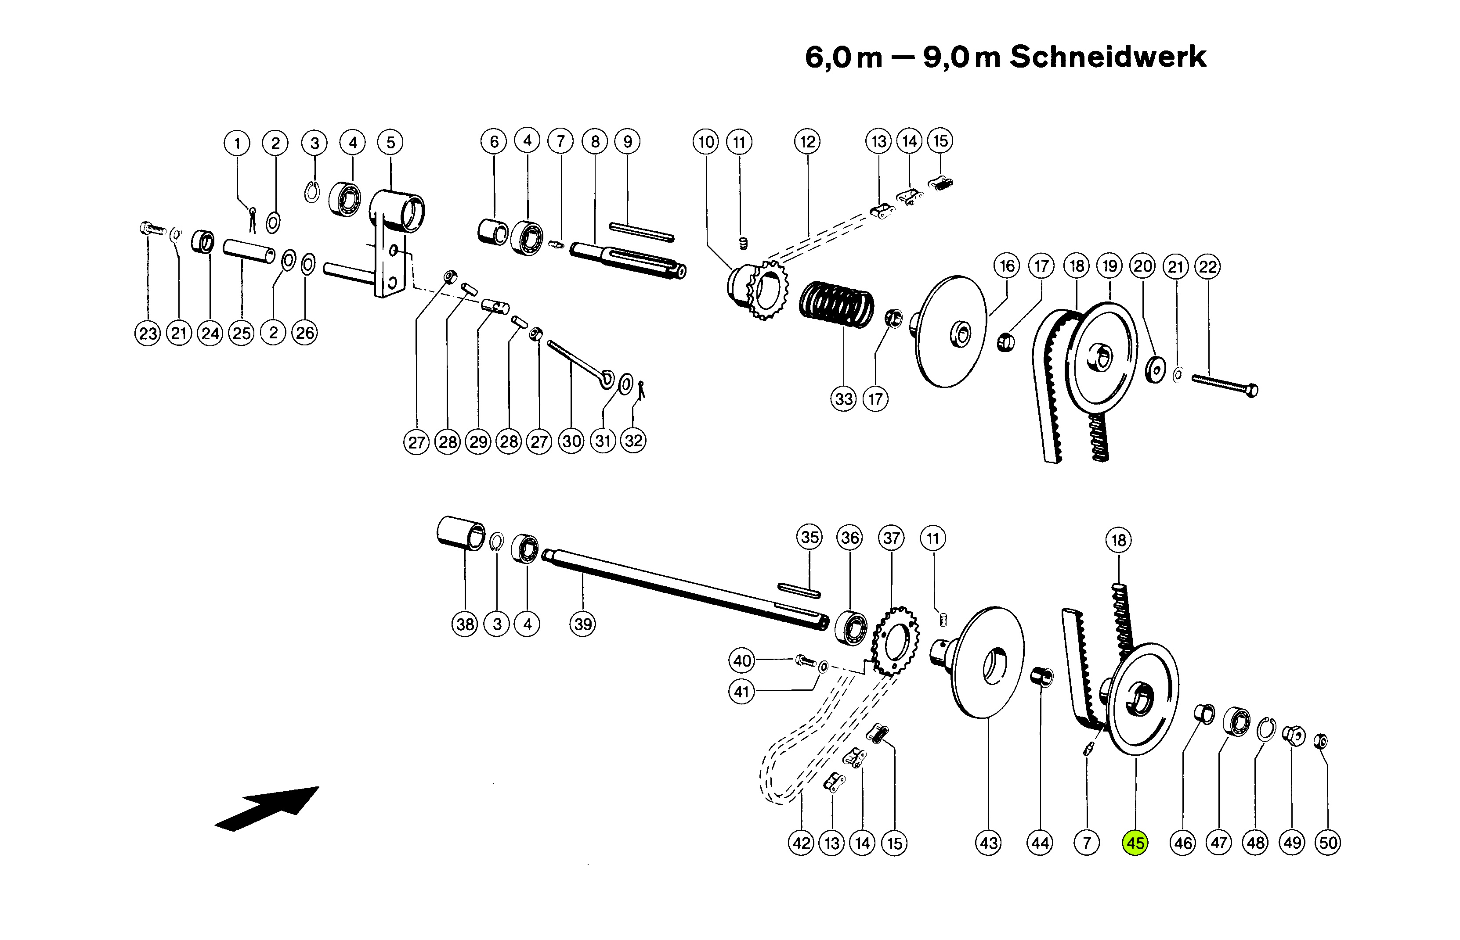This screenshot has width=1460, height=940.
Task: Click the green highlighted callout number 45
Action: (1135, 843)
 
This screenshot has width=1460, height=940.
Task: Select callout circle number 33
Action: (844, 399)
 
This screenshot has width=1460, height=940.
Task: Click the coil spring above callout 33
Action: (836, 304)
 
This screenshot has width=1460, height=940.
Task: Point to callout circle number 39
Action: (583, 624)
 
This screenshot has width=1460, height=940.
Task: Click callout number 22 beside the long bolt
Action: (1208, 267)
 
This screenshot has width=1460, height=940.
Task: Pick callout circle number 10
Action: (706, 142)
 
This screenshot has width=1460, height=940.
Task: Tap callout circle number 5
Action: (390, 143)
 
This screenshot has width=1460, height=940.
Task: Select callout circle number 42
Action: (802, 843)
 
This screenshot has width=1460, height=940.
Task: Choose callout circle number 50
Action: (1328, 843)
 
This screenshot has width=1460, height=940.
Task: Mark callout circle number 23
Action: (147, 333)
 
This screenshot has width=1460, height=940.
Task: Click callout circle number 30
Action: (571, 441)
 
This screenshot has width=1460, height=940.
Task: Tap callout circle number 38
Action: (465, 624)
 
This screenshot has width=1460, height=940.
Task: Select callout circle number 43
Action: (988, 843)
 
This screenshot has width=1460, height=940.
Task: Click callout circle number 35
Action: (810, 537)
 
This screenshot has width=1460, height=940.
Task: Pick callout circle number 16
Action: (1007, 266)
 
